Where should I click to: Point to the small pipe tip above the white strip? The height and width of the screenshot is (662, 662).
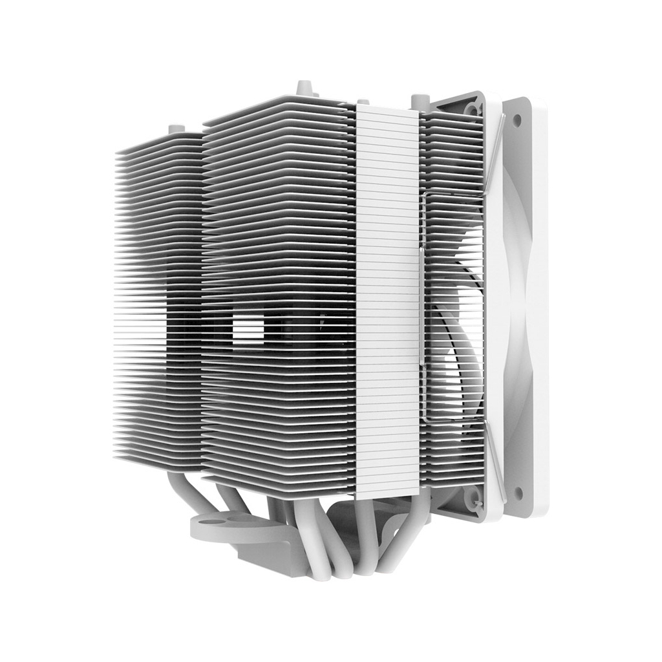(363, 101)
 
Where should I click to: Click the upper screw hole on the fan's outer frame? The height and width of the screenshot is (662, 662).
(517, 120)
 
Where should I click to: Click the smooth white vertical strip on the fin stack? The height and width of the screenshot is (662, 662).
(387, 297)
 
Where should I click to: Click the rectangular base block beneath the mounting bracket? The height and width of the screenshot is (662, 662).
(272, 559)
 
